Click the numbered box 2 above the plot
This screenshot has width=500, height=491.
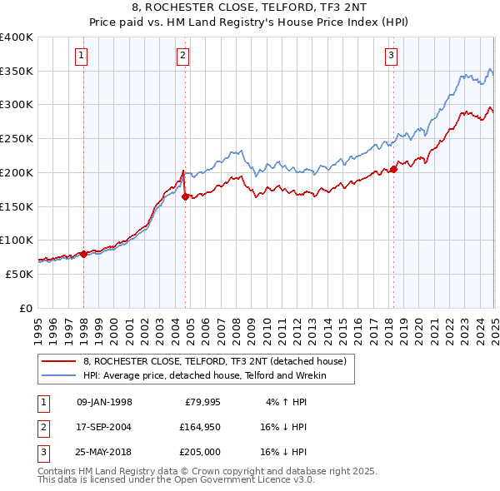(x=182, y=56)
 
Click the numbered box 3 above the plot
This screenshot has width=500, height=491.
(x=391, y=56)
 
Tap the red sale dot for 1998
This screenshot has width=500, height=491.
(x=83, y=254)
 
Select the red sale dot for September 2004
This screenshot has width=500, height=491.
(x=185, y=197)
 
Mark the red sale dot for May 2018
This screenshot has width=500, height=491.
(x=393, y=171)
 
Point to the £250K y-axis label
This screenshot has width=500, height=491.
(x=16, y=138)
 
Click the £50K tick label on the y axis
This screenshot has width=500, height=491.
(x=19, y=274)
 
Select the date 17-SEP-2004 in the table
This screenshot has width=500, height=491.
(x=103, y=428)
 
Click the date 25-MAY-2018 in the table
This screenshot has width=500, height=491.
(x=103, y=452)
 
